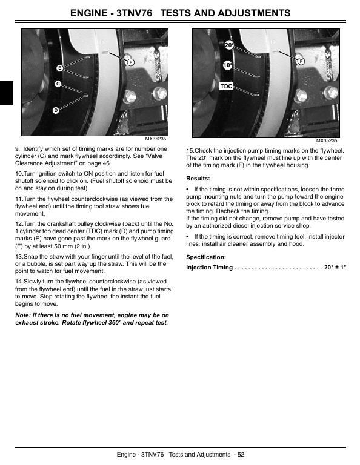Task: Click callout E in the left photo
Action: coord(59,68)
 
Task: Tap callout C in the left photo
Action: coord(58,84)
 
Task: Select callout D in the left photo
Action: coord(56,110)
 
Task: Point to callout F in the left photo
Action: coord(130,62)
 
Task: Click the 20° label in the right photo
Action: coord(229,45)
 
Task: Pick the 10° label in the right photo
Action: coord(228,65)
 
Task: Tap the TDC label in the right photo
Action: coord(227,87)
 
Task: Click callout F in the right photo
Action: coord(301,61)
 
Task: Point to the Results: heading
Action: coord(198,179)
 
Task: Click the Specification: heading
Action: coord(206,257)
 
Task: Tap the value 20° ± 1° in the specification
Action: coord(335,267)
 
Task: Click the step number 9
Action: coord(18,149)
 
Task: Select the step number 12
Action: coord(19,224)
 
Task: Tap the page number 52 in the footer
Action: coord(241,454)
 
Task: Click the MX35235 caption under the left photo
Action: coord(156,139)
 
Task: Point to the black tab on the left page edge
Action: coord(7,93)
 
